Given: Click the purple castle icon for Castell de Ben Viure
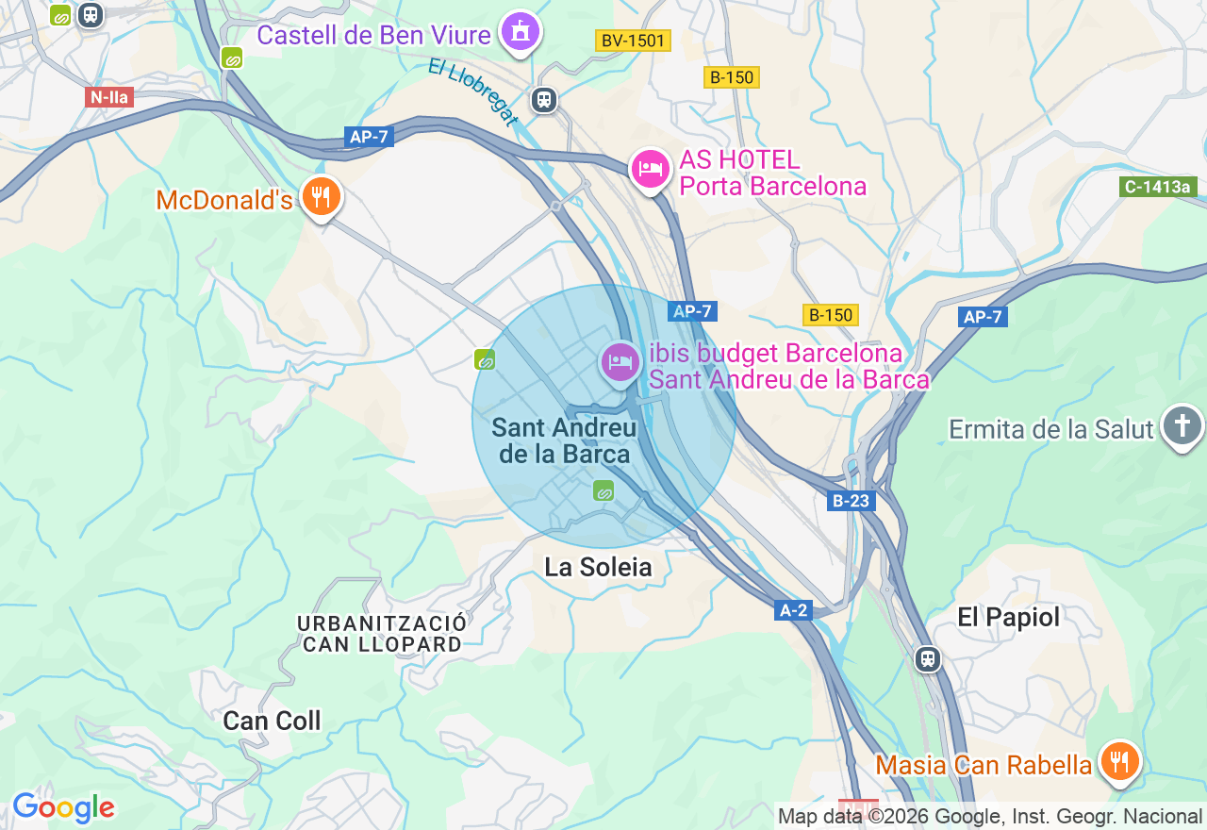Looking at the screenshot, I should click(519, 32).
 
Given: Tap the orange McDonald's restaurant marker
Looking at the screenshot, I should click(322, 196).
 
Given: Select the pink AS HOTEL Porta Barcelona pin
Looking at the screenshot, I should click(650, 169).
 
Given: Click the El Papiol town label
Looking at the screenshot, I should click(1009, 617).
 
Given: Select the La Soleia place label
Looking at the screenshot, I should click(598, 567).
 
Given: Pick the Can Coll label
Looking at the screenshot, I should click(272, 721).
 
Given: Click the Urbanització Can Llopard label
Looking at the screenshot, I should click(382, 634).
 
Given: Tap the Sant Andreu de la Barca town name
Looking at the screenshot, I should click(564, 440).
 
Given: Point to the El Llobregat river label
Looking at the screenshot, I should click(472, 91).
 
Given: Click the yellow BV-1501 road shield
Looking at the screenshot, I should click(633, 41).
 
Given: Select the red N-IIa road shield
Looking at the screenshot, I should click(109, 96).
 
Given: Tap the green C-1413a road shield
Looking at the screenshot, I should click(1158, 187).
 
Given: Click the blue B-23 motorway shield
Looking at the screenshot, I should click(851, 501).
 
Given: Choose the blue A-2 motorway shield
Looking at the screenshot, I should click(794, 610).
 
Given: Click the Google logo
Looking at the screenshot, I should click(63, 807).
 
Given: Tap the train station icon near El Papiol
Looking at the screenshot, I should click(928, 658).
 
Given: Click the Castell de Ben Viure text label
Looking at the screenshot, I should click(373, 35).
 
